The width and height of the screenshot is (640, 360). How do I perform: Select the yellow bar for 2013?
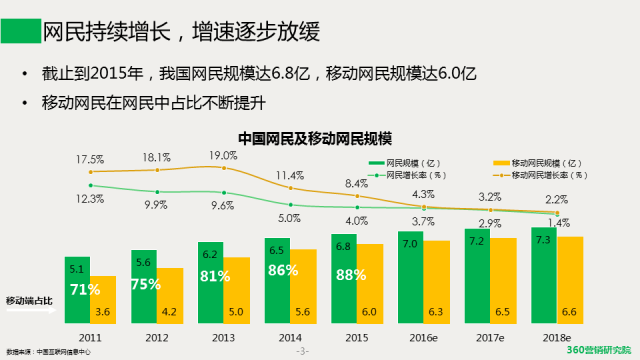click(x=236, y=293)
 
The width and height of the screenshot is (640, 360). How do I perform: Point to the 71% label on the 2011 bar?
click(x=83, y=290)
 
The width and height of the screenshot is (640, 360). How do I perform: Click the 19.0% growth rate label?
click(x=222, y=155)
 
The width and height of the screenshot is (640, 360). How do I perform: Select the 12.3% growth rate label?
click(x=90, y=199)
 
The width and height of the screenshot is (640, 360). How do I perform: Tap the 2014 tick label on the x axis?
click(x=290, y=338)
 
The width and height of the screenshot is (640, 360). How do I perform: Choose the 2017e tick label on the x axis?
click(x=490, y=338)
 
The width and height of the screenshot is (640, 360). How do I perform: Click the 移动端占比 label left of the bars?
click(x=29, y=300)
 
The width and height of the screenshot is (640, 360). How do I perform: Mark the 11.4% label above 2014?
click(x=290, y=175)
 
